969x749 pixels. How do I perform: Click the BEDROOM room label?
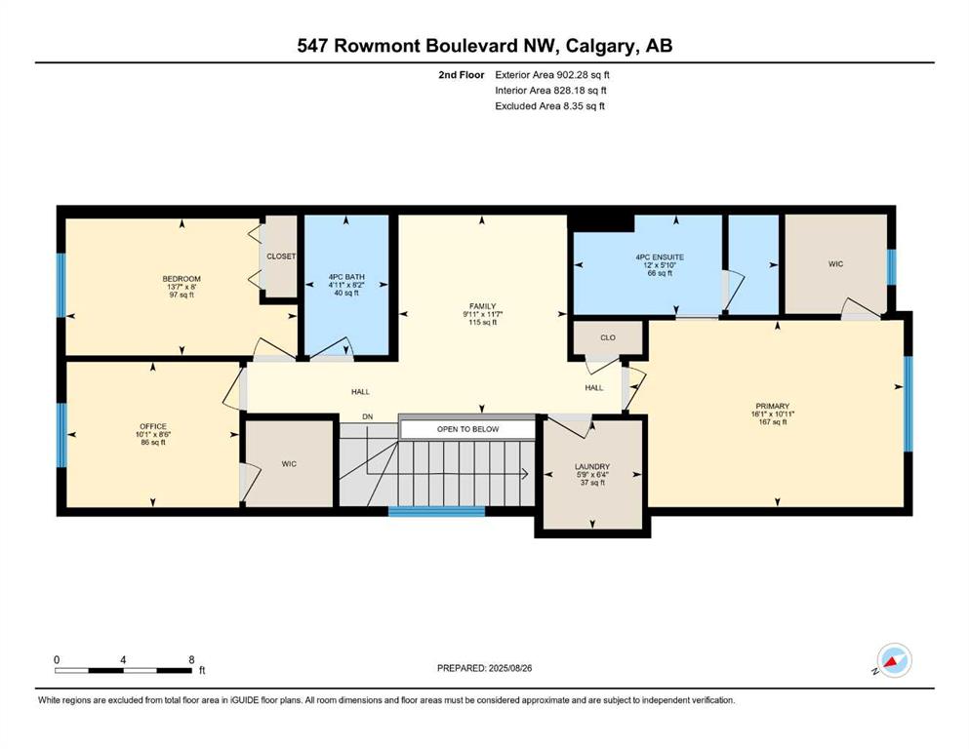point(182,279)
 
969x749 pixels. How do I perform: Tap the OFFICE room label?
point(152,427)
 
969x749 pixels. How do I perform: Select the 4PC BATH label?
point(346,277)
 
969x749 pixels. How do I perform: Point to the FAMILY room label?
point(483,306)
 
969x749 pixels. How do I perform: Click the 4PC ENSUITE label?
point(660,257)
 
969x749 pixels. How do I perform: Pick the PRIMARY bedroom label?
point(773,407)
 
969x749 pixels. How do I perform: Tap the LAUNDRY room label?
point(592,467)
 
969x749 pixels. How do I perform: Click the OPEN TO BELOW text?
point(467,429)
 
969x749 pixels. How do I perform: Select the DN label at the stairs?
point(368,416)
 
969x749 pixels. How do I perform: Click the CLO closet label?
point(608,337)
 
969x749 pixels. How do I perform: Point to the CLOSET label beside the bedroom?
point(281,256)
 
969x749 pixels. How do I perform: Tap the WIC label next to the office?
point(289,463)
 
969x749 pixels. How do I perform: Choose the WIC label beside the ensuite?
point(835,264)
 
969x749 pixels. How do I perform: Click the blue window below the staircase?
point(437,511)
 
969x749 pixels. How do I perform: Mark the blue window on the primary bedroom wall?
point(908,404)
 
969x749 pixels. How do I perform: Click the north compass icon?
point(894,660)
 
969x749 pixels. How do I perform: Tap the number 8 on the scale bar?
point(191,659)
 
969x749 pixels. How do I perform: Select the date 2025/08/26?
point(509,668)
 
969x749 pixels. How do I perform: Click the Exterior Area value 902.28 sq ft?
point(584,75)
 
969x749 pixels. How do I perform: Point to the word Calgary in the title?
point(601,46)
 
